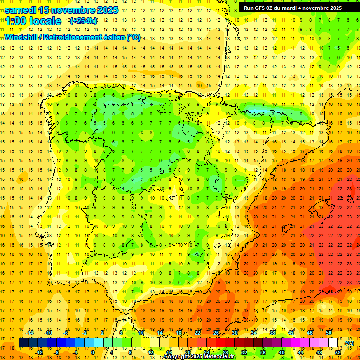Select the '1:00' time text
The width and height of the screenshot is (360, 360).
tap(15, 21)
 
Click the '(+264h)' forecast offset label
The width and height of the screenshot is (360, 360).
tap(83, 21)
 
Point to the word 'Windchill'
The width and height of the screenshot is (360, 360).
tap(20, 37)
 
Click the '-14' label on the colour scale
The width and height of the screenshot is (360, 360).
tap(30, 333)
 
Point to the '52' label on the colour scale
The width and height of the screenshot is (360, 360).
tap(338, 352)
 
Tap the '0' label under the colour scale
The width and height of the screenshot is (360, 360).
tap(93, 352)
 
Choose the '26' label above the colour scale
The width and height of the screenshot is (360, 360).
tap(216, 333)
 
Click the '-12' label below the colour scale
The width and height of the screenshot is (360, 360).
tap(39, 352)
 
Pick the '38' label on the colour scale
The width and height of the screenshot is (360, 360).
tap(272, 333)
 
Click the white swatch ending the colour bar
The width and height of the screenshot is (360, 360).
tap(333, 343)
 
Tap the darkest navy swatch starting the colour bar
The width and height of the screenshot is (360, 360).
tap(23, 343)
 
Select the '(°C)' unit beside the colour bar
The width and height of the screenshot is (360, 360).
tap(349, 343)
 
